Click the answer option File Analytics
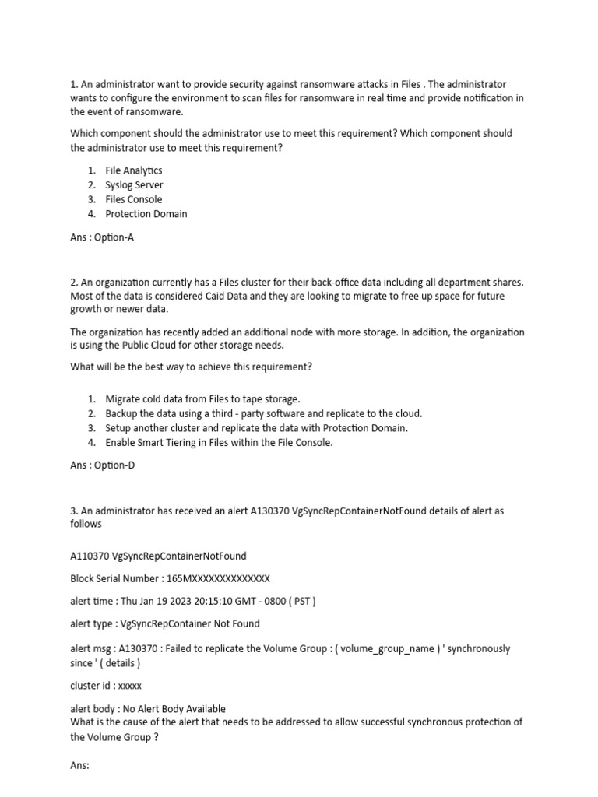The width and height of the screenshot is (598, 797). click(133, 170)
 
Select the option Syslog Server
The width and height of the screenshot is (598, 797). click(134, 185)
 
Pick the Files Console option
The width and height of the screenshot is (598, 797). click(133, 199)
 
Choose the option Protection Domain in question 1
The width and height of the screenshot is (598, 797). click(146, 214)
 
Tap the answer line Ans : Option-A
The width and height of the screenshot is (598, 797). click(102, 237)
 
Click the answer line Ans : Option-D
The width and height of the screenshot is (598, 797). click(102, 466)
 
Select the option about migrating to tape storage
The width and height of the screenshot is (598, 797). click(202, 399)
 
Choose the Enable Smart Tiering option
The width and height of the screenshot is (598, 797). click(219, 443)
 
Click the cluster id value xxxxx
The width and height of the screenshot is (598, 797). click(129, 686)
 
